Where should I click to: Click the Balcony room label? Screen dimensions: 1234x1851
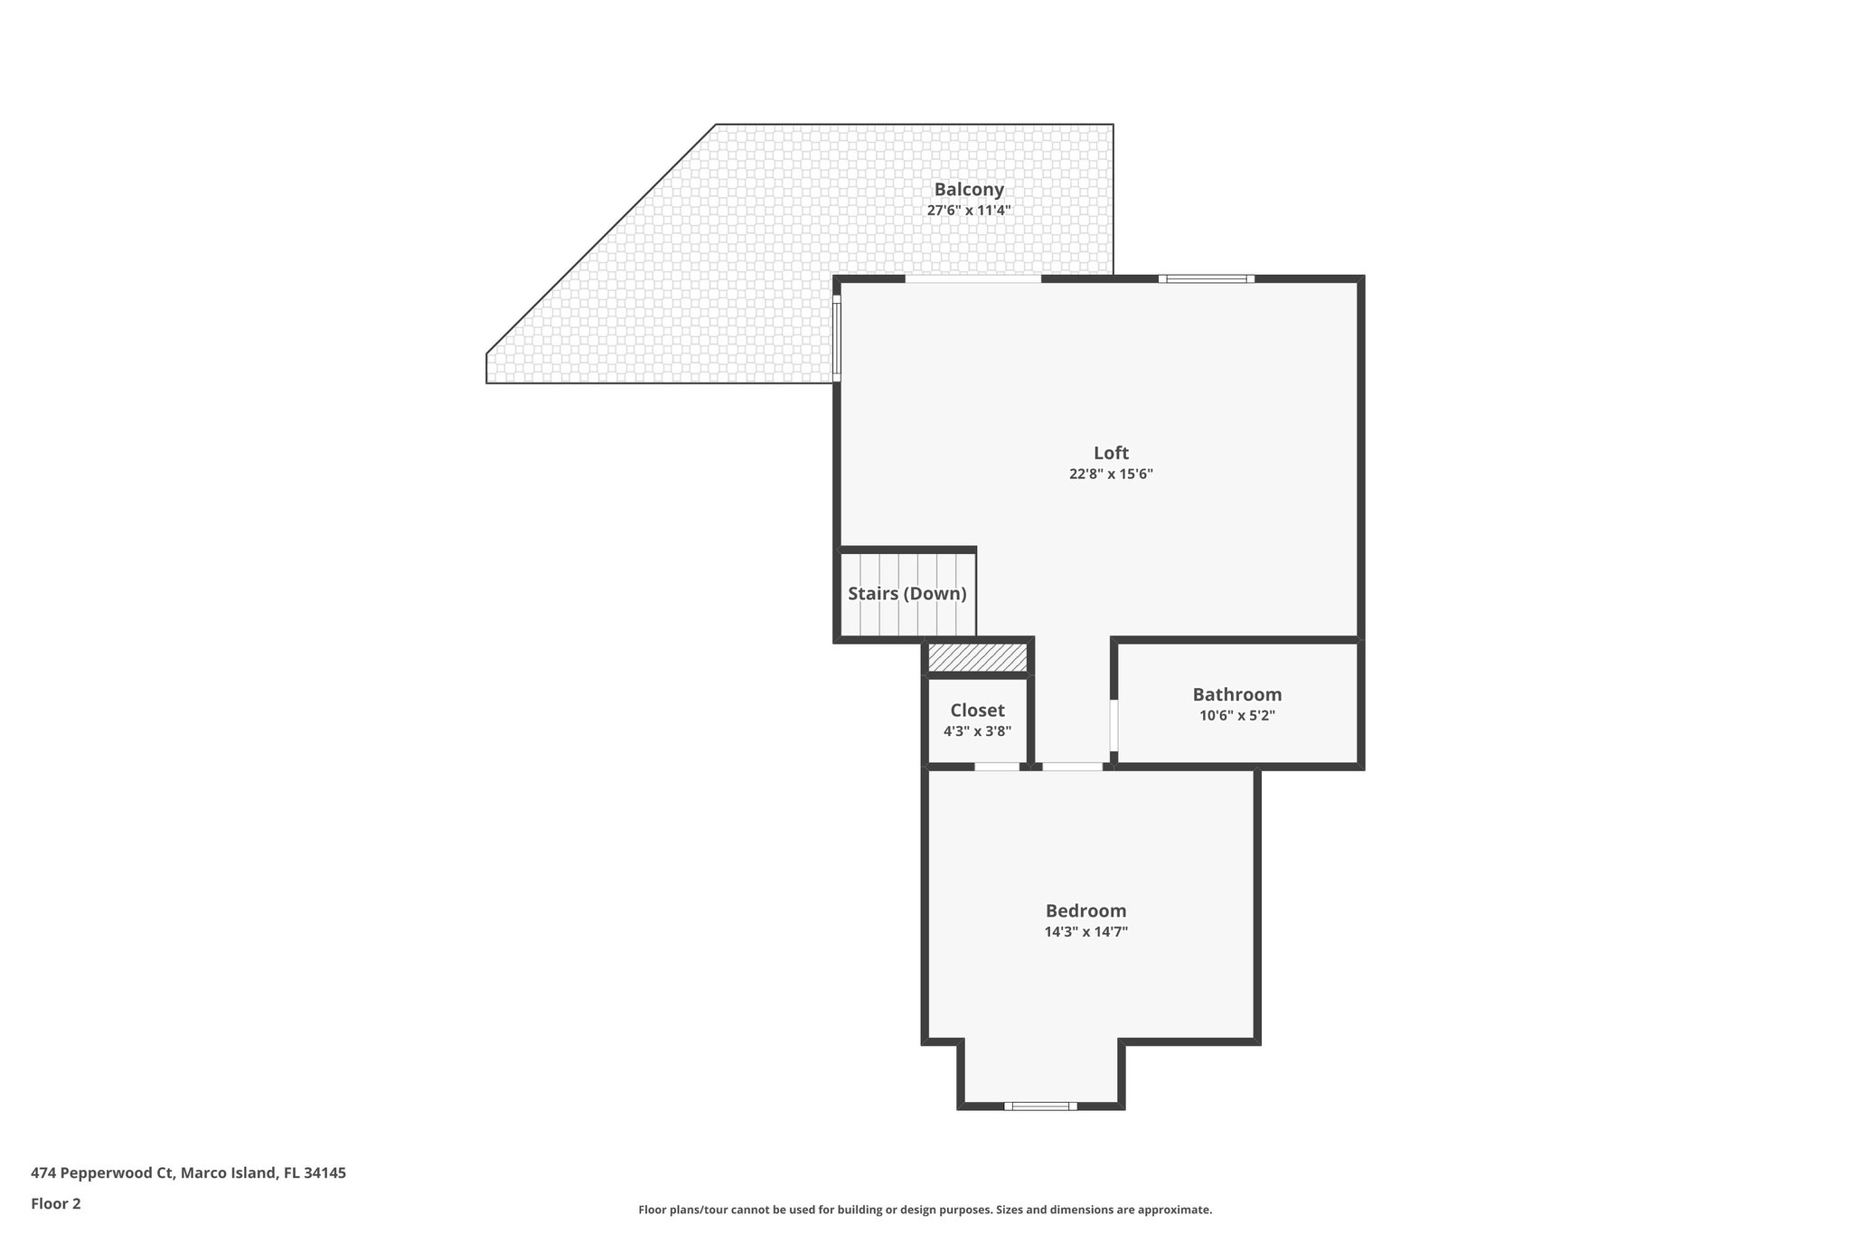click(x=969, y=190)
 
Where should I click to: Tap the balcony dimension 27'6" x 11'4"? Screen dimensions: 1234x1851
click(x=969, y=211)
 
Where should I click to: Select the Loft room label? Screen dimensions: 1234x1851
click(x=1111, y=453)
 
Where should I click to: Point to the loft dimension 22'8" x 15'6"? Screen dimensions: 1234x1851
click(x=1111, y=474)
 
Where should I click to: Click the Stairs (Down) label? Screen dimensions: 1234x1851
click(x=907, y=594)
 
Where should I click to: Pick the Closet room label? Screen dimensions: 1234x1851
click(x=977, y=711)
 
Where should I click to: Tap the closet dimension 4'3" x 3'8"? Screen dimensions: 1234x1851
click(x=977, y=731)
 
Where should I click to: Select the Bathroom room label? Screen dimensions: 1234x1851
click(x=1236, y=694)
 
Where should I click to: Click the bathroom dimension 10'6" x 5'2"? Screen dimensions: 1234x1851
click(x=1236, y=715)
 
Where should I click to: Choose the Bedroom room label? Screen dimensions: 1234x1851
click(x=1085, y=910)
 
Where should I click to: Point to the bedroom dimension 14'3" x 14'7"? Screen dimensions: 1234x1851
click(x=1085, y=931)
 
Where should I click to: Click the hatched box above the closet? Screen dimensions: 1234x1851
click(x=977, y=657)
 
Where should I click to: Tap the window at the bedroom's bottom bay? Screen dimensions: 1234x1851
click(x=1040, y=1106)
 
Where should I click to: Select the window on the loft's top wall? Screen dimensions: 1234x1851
click(x=1207, y=278)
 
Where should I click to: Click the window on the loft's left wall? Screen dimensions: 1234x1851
click(x=837, y=338)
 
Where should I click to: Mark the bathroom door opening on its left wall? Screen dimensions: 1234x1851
click(x=1113, y=725)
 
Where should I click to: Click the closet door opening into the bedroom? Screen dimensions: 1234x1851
click(x=997, y=767)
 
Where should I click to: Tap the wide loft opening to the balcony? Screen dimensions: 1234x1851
click(x=973, y=279)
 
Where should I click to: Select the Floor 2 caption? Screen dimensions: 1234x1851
click(x=56, y=1203)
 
